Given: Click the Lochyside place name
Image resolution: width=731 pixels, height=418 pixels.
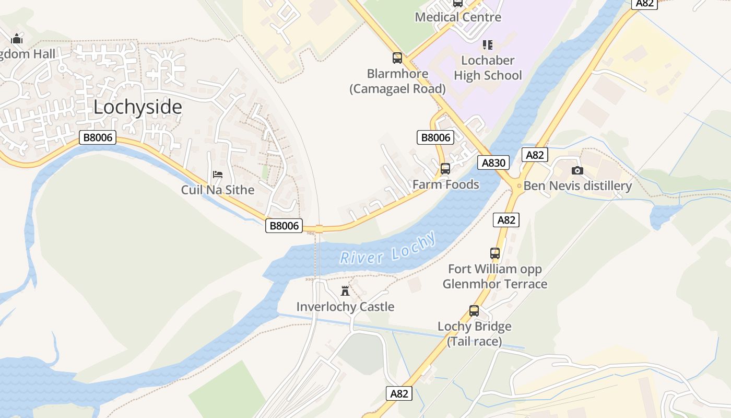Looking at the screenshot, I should tap(138, 107).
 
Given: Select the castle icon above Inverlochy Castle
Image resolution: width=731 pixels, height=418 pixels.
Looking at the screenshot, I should tap(345, 291).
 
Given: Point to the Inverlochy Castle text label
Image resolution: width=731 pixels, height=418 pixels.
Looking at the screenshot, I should tap(345, 307).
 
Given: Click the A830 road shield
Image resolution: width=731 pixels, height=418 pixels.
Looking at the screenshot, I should tap(493, 162).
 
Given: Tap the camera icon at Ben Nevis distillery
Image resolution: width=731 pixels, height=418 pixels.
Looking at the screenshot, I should tap(577, 170).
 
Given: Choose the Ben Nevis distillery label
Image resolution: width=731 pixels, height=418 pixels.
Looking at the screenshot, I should tap(577, 186).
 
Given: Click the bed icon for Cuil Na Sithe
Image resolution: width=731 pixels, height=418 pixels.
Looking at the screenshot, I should tap(218, 174).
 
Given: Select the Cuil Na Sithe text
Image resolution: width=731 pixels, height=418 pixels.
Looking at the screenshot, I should tap(218, 190).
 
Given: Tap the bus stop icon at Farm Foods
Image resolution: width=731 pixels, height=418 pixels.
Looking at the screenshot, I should tap(445, 169).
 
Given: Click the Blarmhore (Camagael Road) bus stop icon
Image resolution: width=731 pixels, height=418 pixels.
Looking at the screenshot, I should tap(397, 58).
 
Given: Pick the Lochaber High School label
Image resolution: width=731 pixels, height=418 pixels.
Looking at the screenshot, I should tap(488, 68).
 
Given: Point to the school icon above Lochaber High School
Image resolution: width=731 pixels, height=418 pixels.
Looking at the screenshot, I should tap(488, 45).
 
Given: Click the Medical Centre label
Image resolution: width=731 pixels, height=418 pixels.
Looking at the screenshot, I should tap(458, 17).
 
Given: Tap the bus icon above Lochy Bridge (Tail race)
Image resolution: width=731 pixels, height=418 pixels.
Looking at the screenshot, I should tap(474, 311).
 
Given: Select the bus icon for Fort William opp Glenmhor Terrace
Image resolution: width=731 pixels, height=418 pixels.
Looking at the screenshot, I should tap(495, 253).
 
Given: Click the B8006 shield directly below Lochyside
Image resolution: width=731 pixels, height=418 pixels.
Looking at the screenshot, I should tap(97, 138).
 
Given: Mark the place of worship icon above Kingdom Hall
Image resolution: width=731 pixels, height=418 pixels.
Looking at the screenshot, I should tap(17, 39).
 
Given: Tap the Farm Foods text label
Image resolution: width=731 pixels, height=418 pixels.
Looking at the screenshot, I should tap(445, 184).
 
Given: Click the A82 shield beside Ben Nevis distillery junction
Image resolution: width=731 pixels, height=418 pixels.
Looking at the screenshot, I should tap(535, 155).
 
